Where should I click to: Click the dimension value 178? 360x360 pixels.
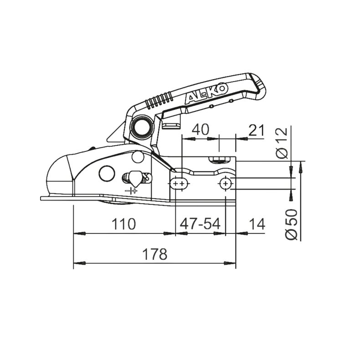(x=154, y=254)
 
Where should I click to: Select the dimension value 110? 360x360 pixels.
(x=123, y=224)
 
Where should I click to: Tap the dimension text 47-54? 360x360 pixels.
(x=200, y=224)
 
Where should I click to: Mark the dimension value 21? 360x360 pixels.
(x=257, y=129)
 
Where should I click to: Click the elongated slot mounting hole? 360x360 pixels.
(x=179, y=184)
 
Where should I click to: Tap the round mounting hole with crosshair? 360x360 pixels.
(x=225, y=184)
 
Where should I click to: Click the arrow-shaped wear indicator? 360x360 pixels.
(x=134, y=176)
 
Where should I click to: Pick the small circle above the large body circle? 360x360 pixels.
(x=135, y=157)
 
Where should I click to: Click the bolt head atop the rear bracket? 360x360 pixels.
(x=221, y=159)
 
